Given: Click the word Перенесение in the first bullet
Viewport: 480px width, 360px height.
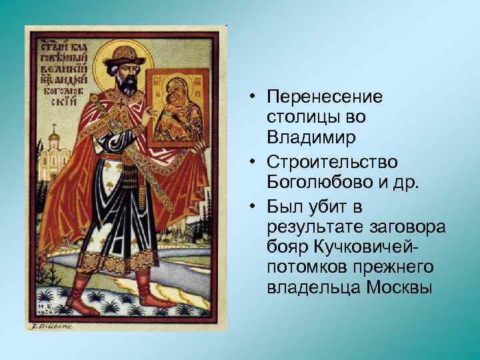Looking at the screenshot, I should tap(324, 97).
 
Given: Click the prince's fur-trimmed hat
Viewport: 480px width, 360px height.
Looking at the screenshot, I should tap(124, 53).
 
